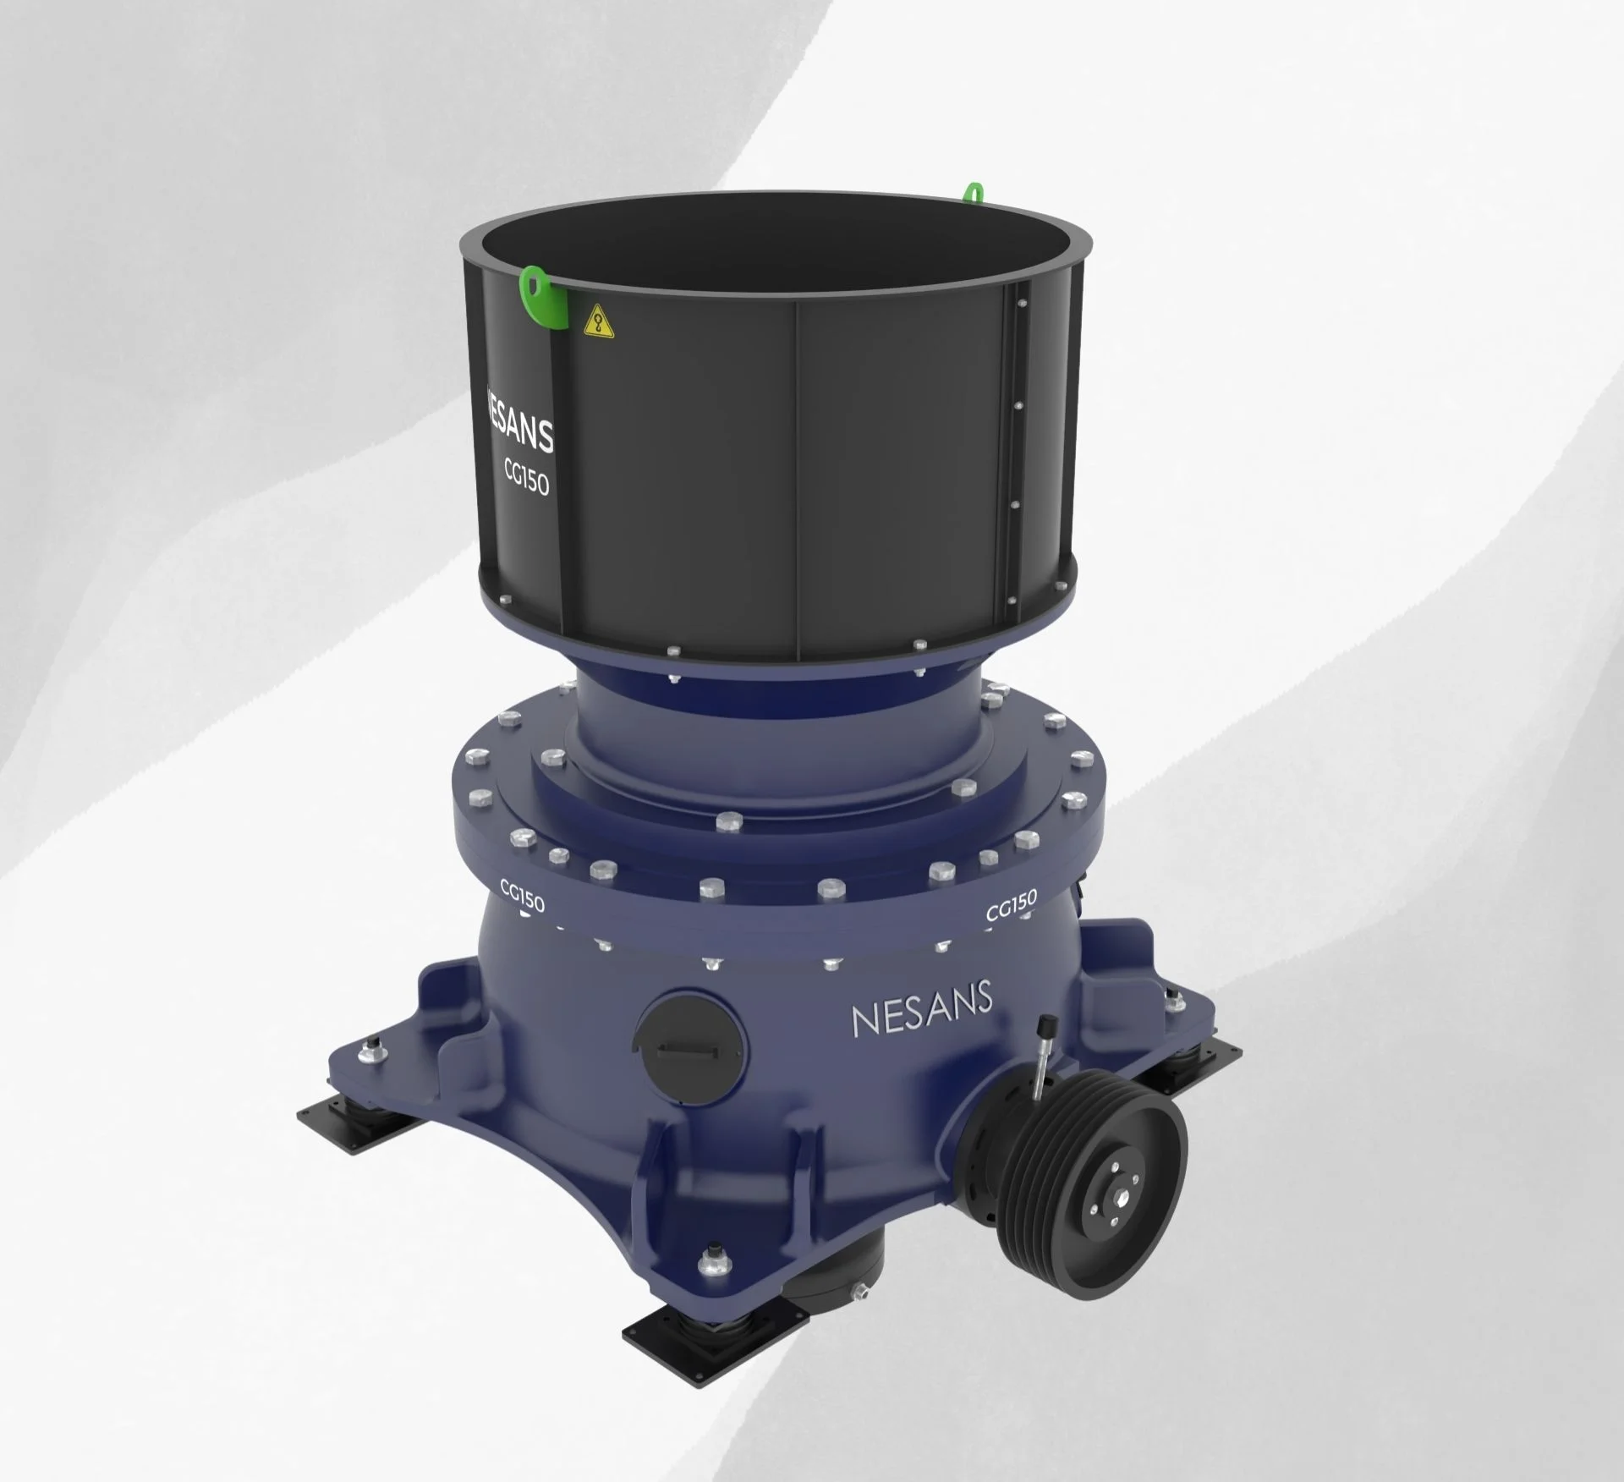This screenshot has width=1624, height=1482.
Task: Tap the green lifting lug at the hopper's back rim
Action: click(974, 192)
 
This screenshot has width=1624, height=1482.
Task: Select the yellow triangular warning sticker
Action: click(598, 321)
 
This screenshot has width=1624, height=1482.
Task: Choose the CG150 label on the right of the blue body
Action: click(1011, 907)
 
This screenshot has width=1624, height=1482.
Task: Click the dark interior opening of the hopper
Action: click(761, 254)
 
